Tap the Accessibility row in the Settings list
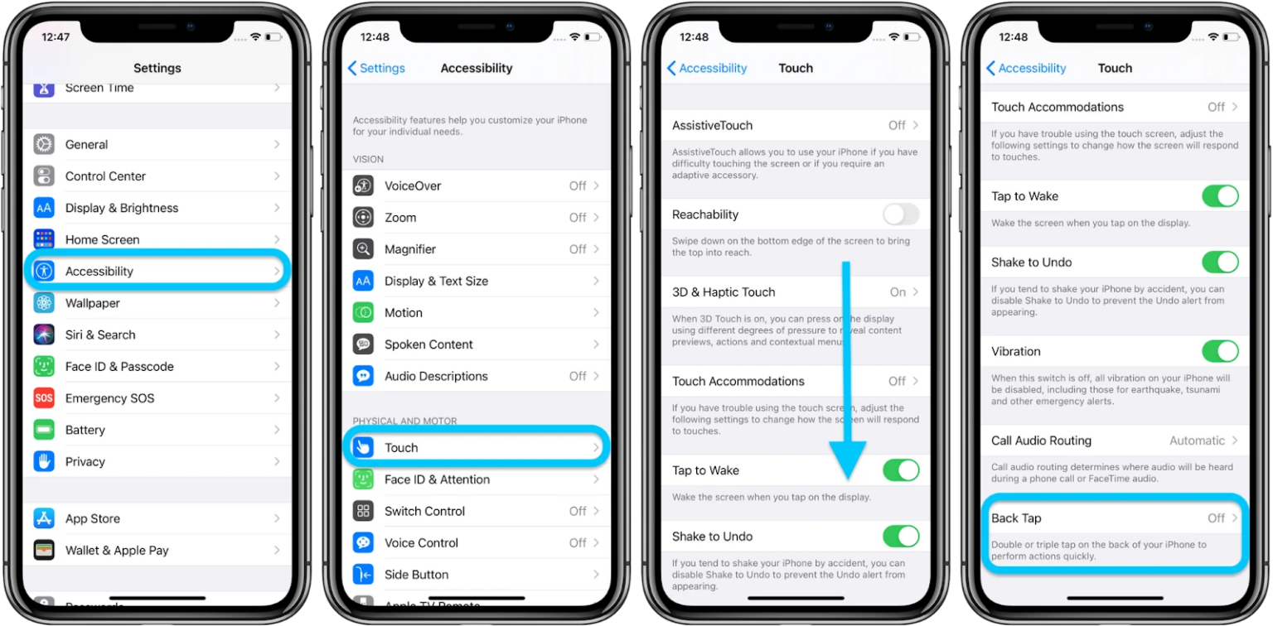coord(157,272)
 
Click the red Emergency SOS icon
coord(44,398)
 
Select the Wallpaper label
coord(93,303)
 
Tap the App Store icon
coord(44,518)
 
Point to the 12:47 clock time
coord(56,37)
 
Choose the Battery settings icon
coord(44,430)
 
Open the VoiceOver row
coord(477,185)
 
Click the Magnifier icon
coord(363,249)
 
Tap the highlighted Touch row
coord(477,448)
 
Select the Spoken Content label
coord(428,344)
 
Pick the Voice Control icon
coord(363,543)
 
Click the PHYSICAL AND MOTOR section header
coord(404,421)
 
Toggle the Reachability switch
coord(901,214)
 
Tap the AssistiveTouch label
coord(712,126)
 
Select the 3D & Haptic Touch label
coord(724,292)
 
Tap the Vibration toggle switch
coord(1220,351)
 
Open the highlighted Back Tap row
coord(1114,518)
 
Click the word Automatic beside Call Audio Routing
coord(1197,441)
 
